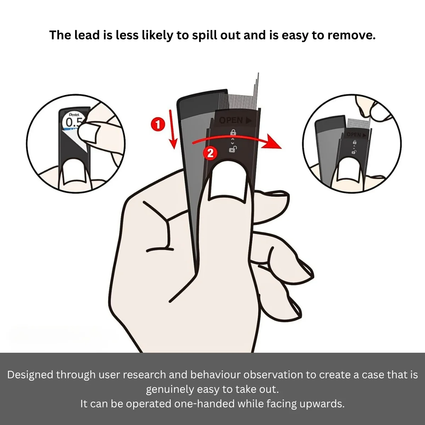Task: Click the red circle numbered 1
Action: point(158,125)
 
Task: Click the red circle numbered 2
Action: point(210,153)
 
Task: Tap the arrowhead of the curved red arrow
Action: point(274,142)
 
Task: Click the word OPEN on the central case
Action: point(231,120)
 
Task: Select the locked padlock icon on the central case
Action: point(233,132)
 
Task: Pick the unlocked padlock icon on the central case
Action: point(233,149)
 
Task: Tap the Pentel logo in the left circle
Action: point(74,115)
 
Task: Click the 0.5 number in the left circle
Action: point(74,123)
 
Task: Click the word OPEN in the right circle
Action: point(353,135)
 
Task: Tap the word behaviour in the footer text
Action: point(223,374)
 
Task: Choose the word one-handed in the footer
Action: point(204,404)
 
